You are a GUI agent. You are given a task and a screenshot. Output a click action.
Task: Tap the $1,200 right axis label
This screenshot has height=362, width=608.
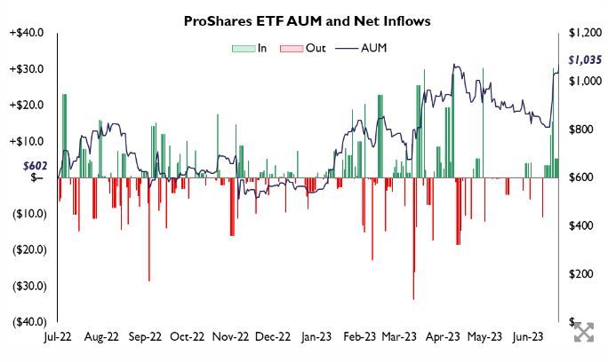click(583, 33)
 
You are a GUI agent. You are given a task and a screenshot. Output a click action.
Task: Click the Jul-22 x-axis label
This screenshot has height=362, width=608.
click(59, 337)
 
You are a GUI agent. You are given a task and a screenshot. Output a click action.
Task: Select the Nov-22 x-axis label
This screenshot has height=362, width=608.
click(231, 337)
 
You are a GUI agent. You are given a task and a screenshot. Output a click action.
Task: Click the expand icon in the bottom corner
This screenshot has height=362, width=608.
click(583, 333)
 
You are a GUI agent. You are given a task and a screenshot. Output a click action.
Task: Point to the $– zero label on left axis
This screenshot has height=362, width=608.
click(36, 177)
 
